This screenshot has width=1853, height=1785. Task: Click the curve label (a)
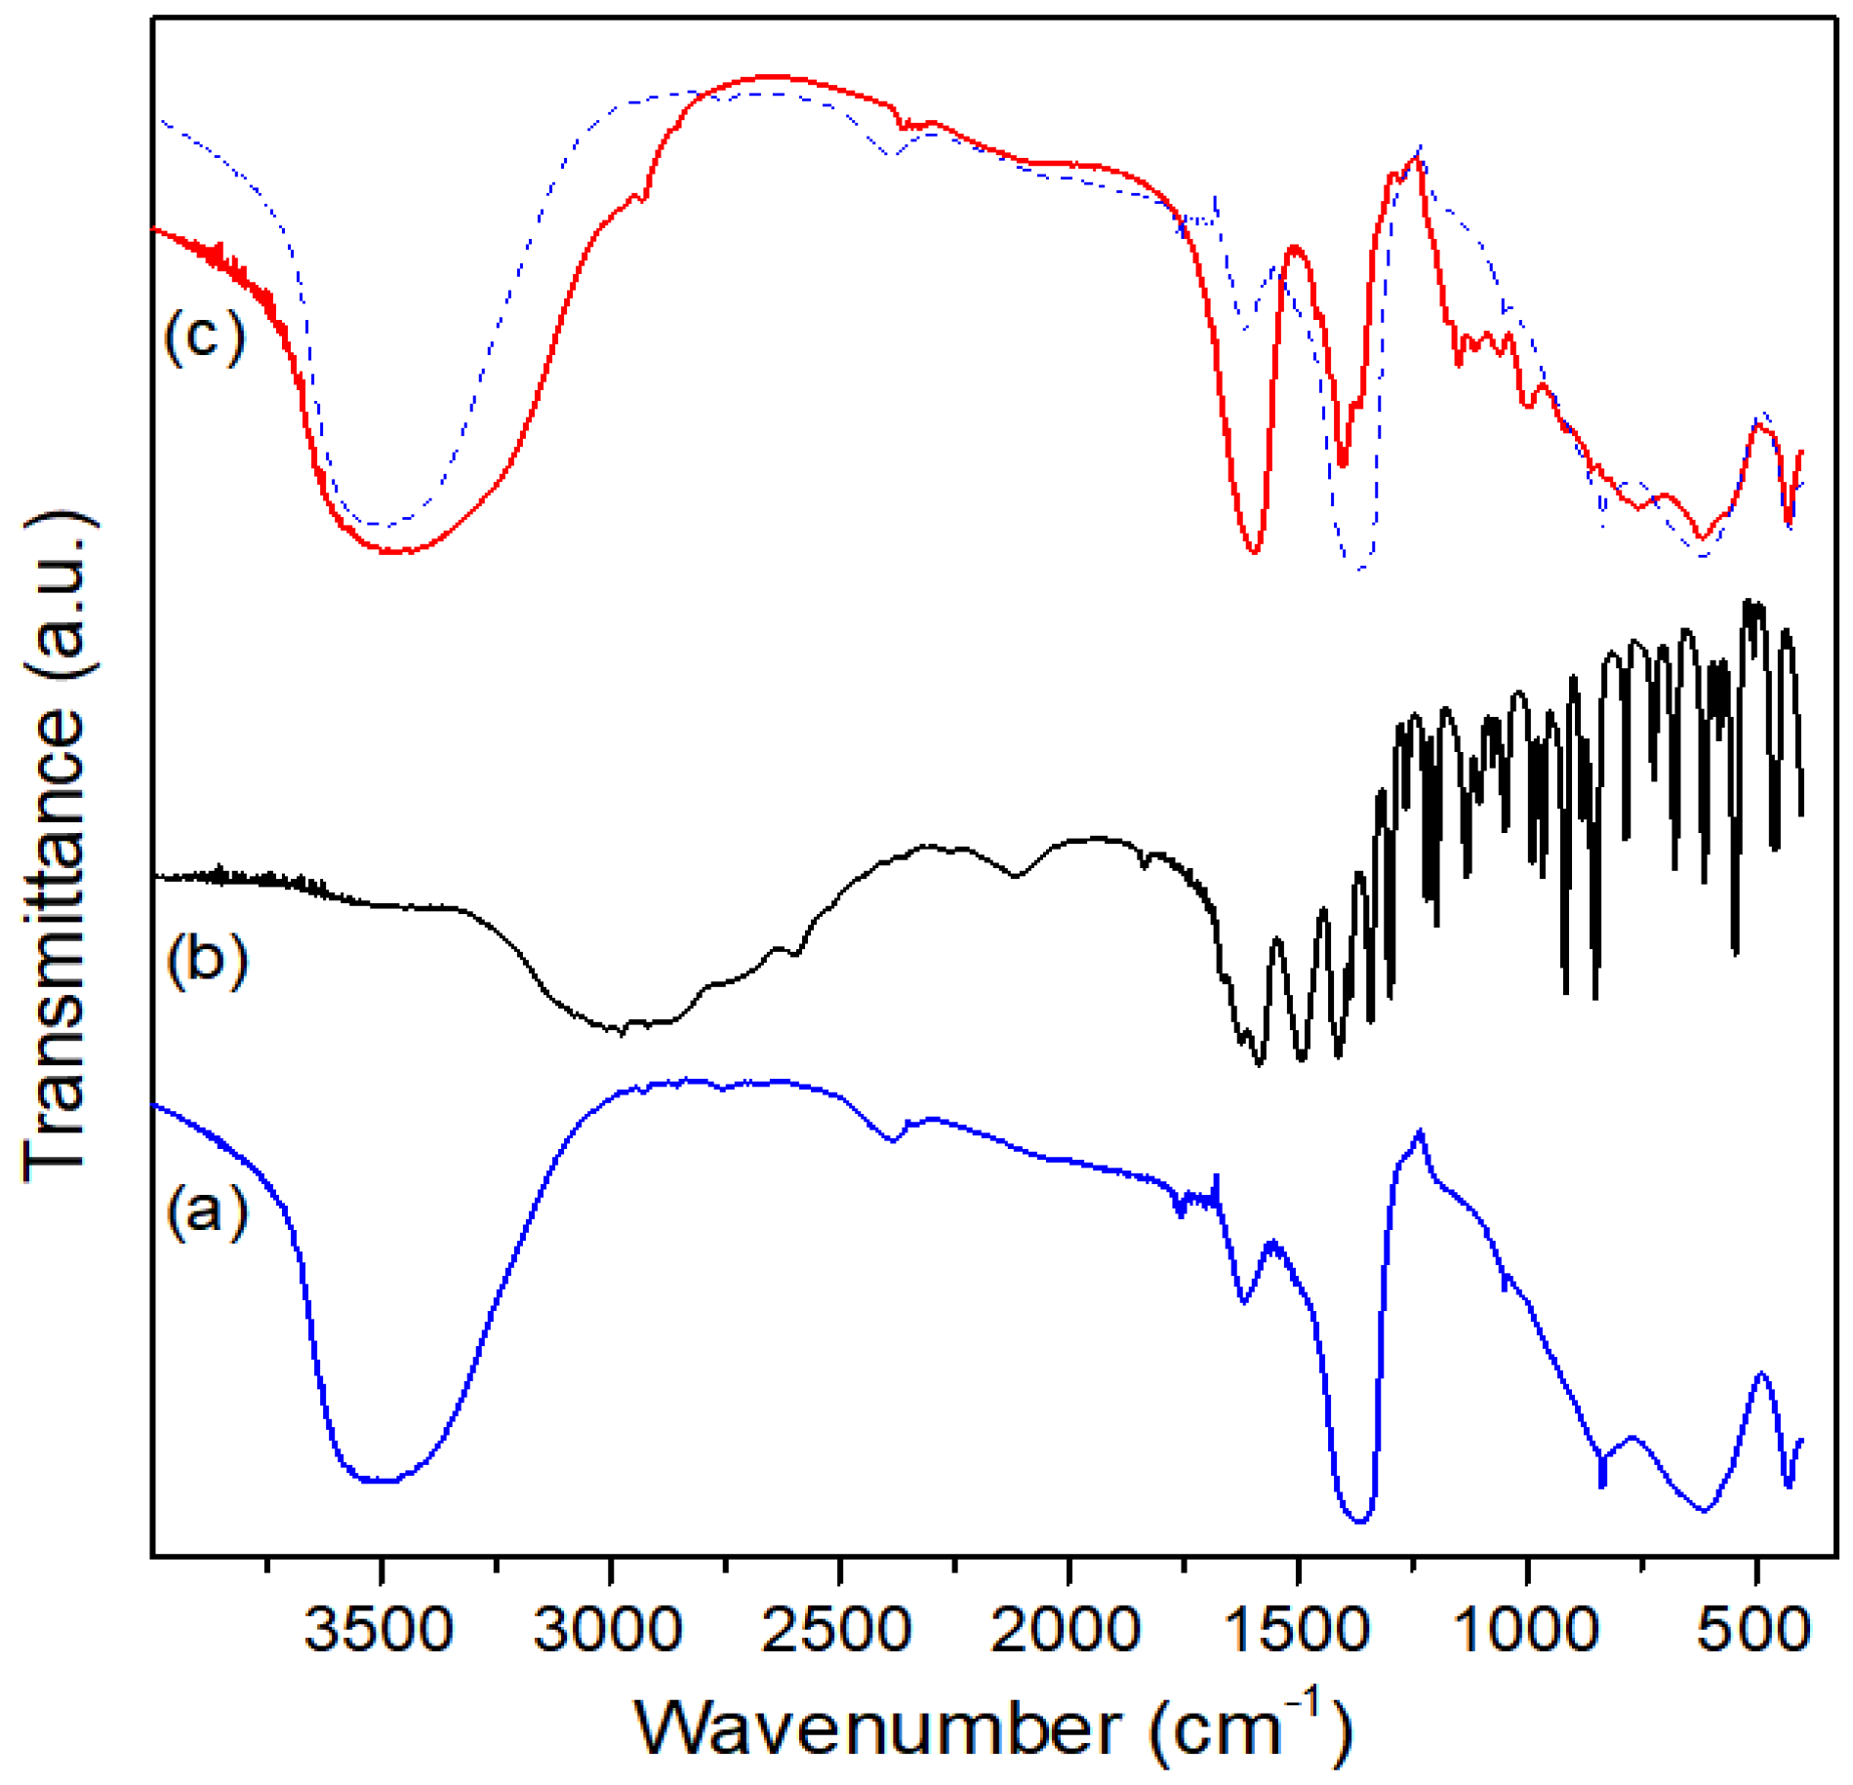click(x=207, y=1212)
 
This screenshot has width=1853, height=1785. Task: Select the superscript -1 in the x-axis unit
click(x=1305, y=1705)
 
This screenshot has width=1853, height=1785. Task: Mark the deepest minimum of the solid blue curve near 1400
click(x=1360, y=1521)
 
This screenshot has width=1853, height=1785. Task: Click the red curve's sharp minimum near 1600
click(x=1254, y=552)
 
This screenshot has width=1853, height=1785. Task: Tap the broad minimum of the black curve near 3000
click(x=620, y=1031)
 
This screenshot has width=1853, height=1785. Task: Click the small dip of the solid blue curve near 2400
click(x=891, y=1139)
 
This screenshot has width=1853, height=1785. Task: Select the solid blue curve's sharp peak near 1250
click(x=1420, y=1131)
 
